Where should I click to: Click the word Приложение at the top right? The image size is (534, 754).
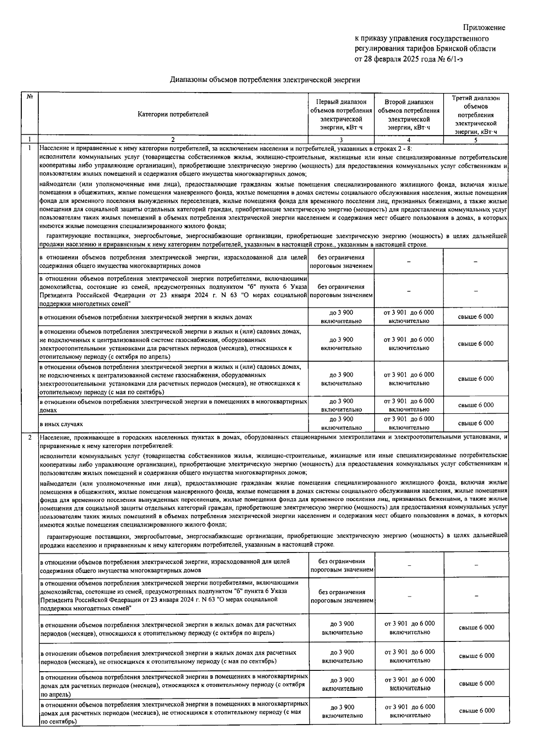485,28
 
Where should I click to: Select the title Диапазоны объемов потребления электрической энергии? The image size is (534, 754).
265,80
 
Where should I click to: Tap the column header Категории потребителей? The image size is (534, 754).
173,114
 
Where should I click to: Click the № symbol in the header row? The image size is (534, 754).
30,97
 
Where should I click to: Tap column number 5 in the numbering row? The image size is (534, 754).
476,140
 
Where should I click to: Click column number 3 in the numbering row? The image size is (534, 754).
341,140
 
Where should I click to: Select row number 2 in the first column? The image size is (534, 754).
30,437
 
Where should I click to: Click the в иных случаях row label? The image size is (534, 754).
61,424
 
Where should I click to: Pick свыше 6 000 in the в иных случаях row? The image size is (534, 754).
476,423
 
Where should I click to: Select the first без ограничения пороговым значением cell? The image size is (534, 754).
341,262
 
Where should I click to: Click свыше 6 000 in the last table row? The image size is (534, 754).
477,710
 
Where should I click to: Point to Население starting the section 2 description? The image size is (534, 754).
53,437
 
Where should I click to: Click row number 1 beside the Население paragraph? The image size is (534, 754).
30,147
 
